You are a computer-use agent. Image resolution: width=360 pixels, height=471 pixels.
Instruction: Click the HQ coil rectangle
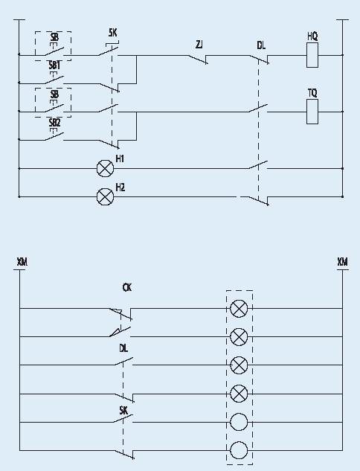tap(312, 55)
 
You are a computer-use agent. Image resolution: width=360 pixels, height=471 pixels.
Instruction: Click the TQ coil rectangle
tap(312, 112)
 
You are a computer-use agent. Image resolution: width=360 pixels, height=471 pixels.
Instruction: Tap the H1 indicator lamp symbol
tap(105, 168)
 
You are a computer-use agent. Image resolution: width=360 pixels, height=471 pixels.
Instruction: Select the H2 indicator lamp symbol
tap(105, 197)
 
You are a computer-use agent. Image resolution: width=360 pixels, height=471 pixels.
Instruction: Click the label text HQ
tap(312, 36)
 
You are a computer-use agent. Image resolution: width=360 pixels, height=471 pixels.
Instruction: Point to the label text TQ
tap(312, 93)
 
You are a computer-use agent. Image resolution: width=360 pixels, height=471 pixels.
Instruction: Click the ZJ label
tap(199, 45)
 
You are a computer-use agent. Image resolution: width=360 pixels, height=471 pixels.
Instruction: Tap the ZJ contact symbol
tap(198, 60)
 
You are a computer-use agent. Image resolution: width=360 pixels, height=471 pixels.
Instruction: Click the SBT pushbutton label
tap(54, 65)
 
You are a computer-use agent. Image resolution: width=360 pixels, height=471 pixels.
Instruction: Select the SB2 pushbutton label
tap(54, 123)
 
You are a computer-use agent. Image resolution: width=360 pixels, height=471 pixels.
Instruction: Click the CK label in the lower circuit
tap(127, 287)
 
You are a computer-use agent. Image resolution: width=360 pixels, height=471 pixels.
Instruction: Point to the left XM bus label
tap(22, 262)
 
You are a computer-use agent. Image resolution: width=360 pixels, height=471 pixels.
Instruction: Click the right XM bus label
tap(343, 262)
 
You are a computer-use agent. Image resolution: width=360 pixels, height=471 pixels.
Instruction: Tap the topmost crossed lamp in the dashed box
tap(239, 309)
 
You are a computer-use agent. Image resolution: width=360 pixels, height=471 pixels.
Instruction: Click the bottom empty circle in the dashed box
tap(239, 450)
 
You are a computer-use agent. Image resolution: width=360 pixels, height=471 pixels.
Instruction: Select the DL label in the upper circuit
tap(261, 45)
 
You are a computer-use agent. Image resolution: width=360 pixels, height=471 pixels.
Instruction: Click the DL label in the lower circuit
tap(123, 348)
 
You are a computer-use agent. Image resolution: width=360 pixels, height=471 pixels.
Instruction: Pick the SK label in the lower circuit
tap(123, 410)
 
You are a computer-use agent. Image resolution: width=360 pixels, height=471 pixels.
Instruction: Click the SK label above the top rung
tap(112, 33)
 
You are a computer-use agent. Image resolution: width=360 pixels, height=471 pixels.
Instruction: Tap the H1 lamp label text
tap(120, 158)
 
